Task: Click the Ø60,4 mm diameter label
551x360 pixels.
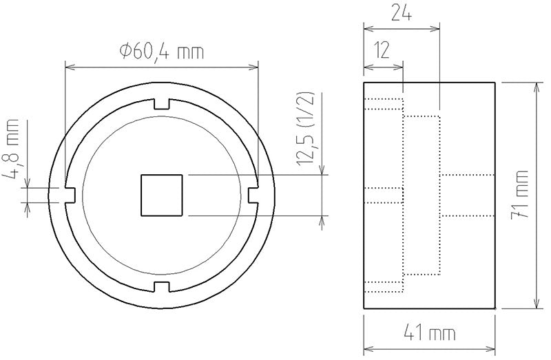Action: point(161,50)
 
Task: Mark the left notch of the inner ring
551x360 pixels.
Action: point(70,195)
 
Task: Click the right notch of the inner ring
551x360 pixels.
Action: point(253,195)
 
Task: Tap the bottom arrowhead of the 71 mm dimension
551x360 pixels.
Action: point(536,306)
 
